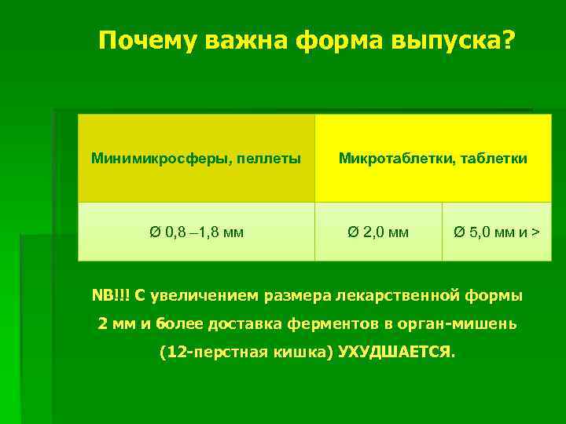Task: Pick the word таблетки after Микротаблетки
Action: [x=494, y=159]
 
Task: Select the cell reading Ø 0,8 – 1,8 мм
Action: [x=197, y=232]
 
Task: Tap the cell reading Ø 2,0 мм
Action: [x=378, y=232]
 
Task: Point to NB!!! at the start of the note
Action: [x=111, y=296]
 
